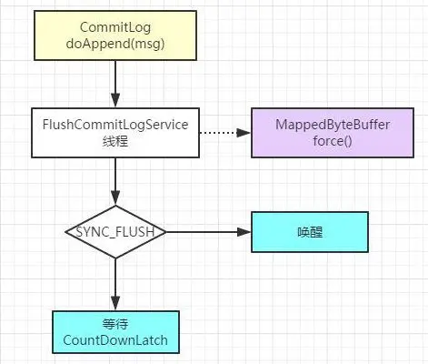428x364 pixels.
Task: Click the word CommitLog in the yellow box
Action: tap(115, 27)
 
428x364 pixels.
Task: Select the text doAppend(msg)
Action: tap(115, 44)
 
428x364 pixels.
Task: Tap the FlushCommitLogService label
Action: tap(115, 125)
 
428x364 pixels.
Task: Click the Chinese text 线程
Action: tap(115, 141)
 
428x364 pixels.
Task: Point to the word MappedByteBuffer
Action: tap(333, 125)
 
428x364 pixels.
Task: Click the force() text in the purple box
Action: tap(333, 141)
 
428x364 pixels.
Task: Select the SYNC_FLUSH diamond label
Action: tap(115, 232)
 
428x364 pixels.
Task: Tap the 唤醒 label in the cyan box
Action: tap(310, 232)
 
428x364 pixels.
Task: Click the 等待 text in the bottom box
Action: tap(115, 324)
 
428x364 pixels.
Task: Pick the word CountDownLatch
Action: tap(115, 340)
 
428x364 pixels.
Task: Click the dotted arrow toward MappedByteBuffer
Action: tap(225, 133)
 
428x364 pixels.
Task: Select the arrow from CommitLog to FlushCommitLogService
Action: tap(115, 84)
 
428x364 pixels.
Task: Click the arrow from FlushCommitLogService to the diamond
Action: tap(115, 182)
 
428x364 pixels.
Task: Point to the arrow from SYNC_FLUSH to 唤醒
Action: tap(209, 232)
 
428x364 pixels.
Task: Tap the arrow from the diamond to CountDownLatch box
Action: tap(115, 285)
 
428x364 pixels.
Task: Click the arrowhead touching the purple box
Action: tap(244, 133)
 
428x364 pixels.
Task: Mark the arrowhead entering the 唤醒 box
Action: tap(244, 232)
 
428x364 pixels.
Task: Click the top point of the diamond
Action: tap(115, 206)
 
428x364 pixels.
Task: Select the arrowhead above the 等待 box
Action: tap(115, 303)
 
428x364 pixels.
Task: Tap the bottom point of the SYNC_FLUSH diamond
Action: tap(115, 258)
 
